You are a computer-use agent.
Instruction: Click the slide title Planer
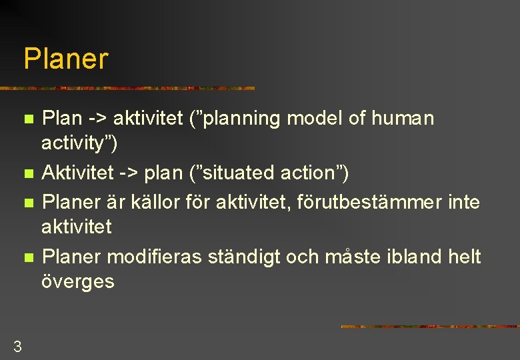tap(65, 59)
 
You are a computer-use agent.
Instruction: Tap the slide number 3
tap(17, 346)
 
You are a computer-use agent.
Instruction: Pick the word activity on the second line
tap(75, 143)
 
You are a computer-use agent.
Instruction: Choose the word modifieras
tap(158, 256)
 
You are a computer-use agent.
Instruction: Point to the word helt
tap(465, 256)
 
